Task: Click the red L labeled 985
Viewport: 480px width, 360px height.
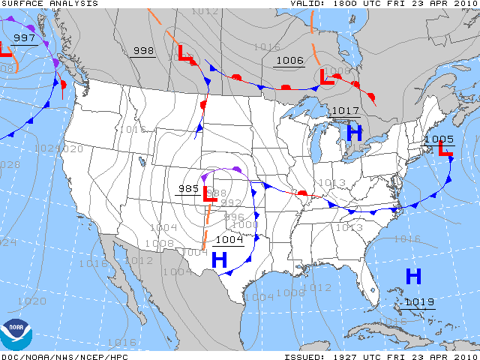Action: [x=211, y=194]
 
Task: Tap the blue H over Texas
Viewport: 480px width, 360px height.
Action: [x=219, y=260]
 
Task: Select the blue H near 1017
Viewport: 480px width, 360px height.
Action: [x=354, y=133]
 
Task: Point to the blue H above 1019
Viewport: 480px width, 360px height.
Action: [x=413, y=276]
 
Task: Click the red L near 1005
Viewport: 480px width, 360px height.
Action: [x=445, y=150]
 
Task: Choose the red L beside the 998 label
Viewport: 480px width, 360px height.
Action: [x=184, y=53]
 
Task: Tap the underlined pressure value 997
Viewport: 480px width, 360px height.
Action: [x=24, y=38]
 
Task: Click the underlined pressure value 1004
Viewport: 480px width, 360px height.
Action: [x=229, y=240]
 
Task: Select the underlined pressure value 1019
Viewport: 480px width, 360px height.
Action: [x=418, y=302]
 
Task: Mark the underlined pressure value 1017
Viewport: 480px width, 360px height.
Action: [x=345, y=111]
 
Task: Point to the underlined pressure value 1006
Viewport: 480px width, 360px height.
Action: [x=289, y=61]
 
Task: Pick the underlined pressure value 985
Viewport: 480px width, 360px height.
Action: [x=189, y=189]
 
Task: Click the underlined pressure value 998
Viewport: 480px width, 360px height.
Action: [x=143, y=51]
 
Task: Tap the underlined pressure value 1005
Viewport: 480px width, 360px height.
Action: [x=439, y=139]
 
